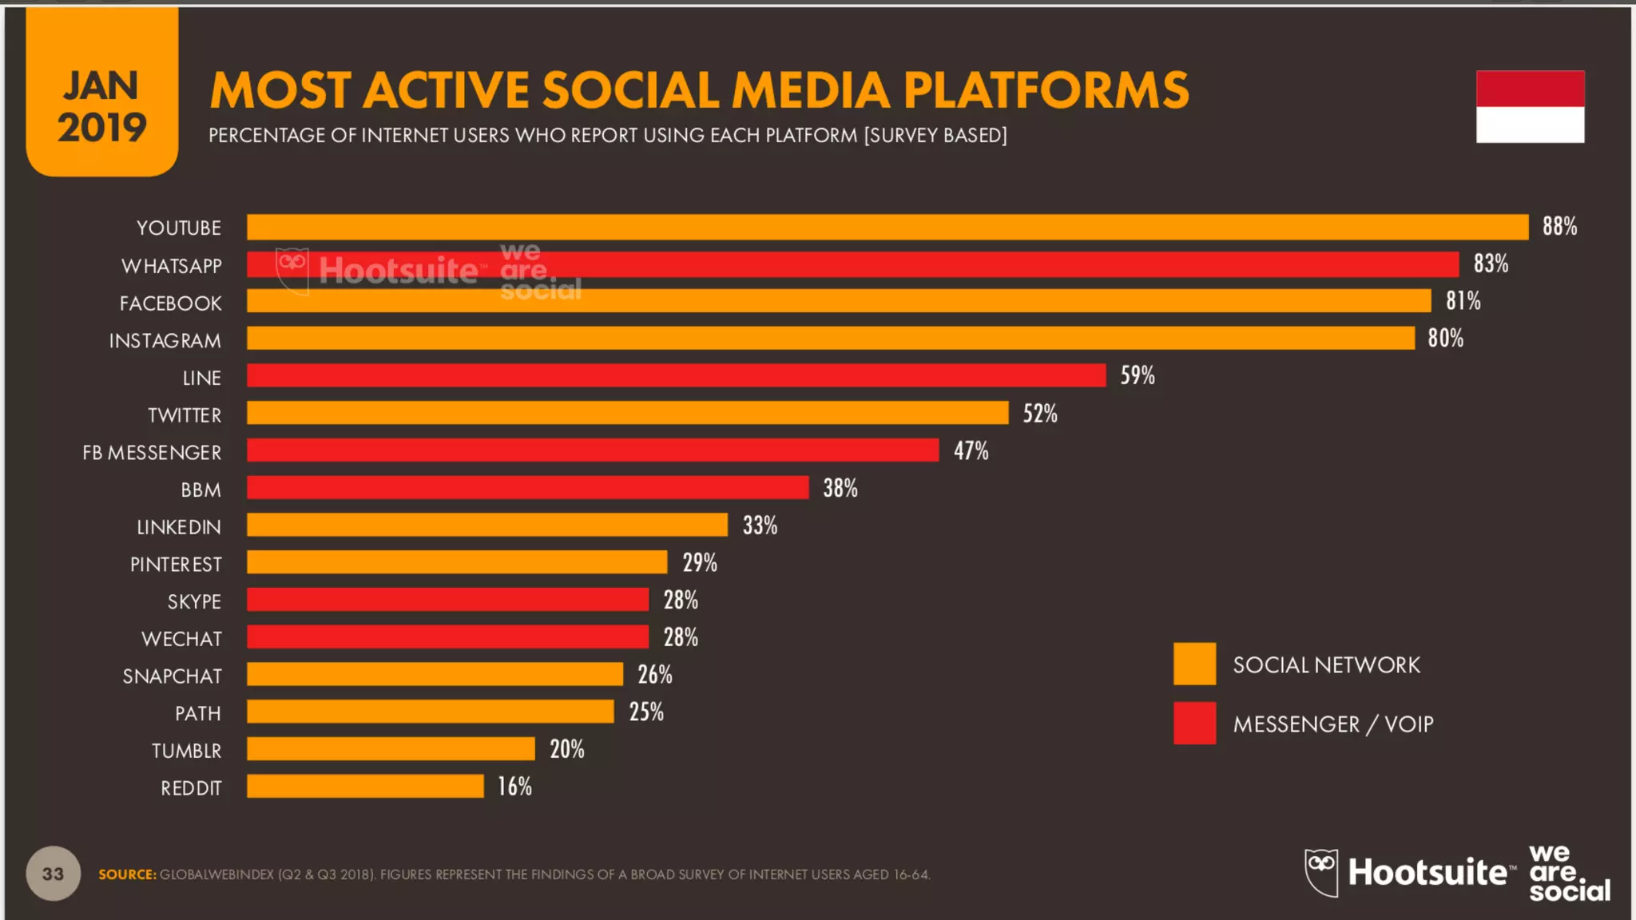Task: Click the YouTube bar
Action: tap(887, 227)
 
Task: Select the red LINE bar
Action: tap(676, 375)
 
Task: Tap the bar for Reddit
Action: tap(365, 787)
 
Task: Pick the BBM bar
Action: tap(527, 488)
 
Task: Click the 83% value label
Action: tap(1491, 264)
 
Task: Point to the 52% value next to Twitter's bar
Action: tap(1040, 414)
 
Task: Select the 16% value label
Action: tap(514, 787)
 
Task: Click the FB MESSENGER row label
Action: tap(152, 453)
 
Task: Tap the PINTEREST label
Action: tap(176, 565)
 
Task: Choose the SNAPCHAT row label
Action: tap(172, 676)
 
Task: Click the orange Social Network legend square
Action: tap(1194, 664)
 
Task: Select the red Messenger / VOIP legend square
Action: tap(1194, 723)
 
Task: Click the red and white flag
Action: tap(1530, 107)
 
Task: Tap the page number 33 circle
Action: tap(54, 874)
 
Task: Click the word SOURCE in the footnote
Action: tap(127, 874)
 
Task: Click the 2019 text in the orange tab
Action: tap(101, 128)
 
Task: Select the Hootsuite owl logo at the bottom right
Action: tap(1321, 872)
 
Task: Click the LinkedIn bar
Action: tap(487, 525)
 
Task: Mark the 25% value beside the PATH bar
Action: tap(646, 712)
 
